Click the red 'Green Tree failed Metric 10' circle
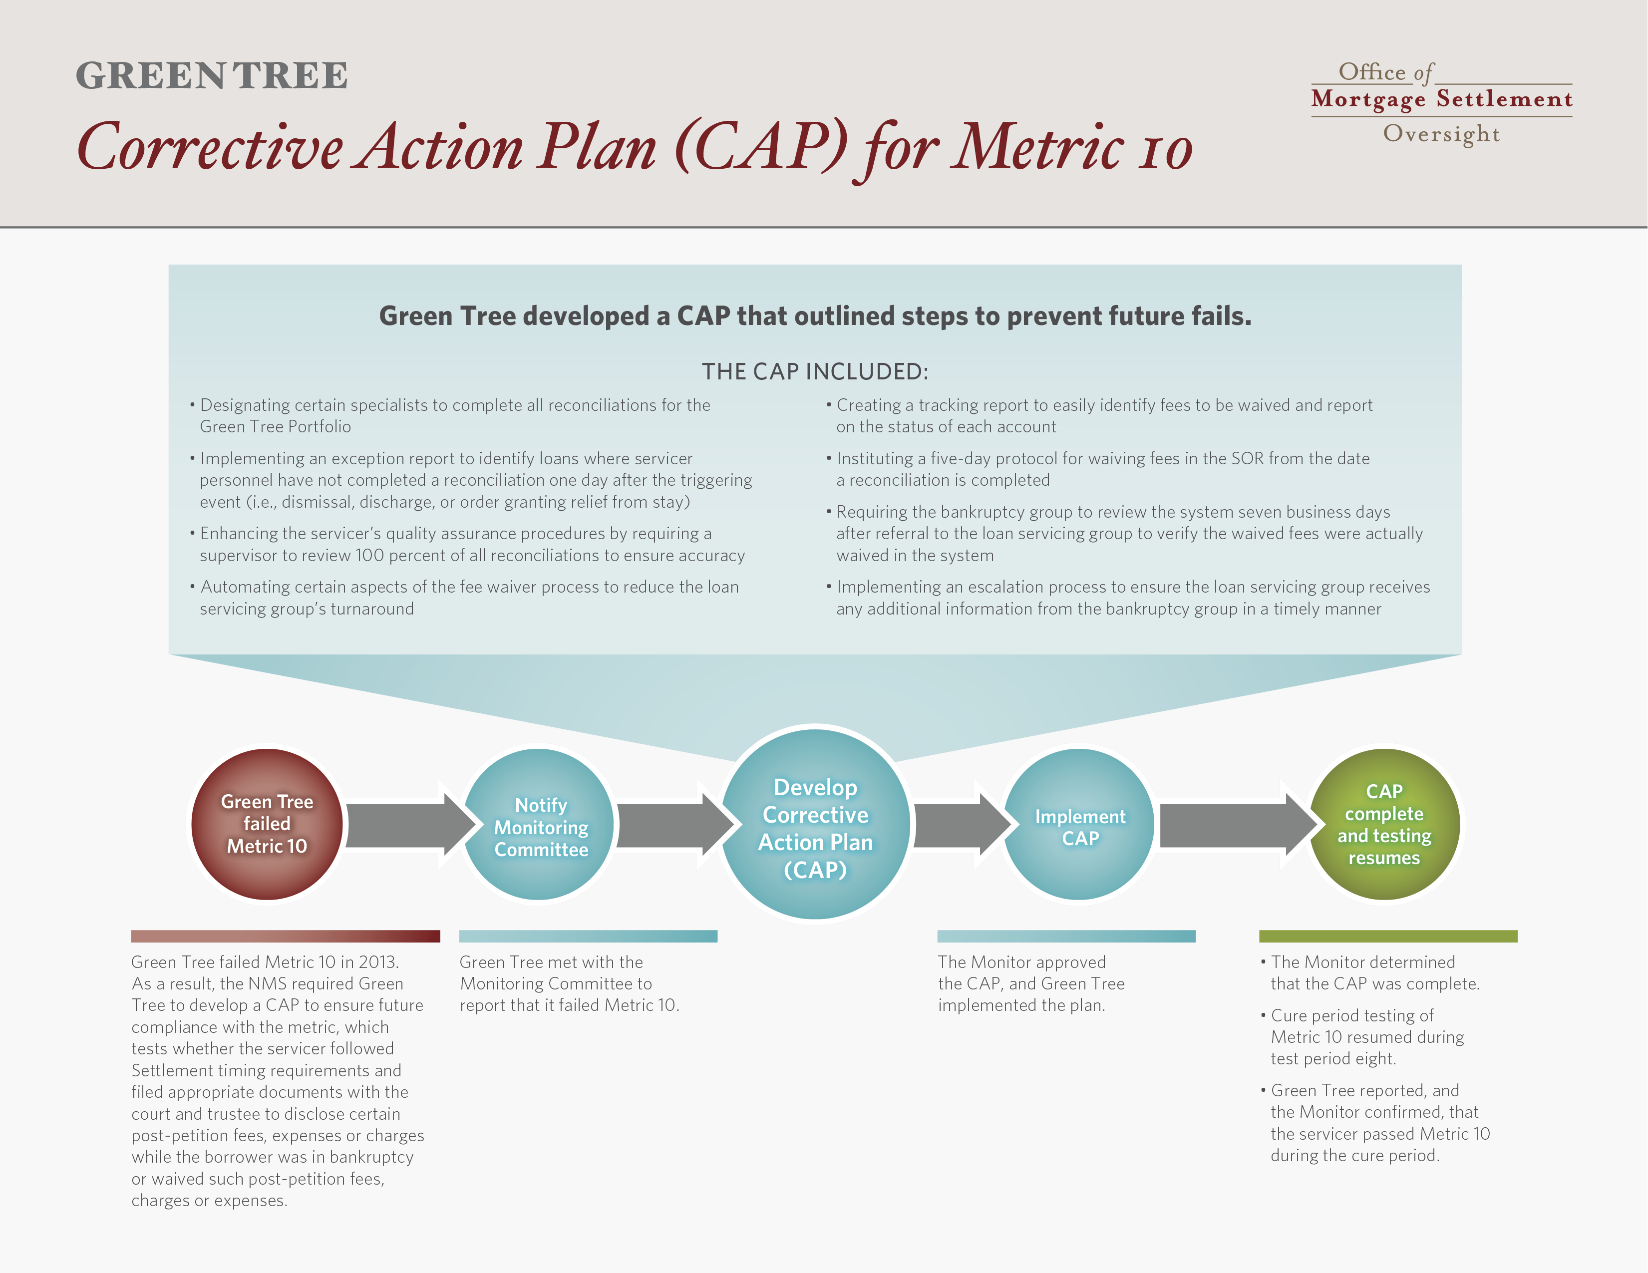pyautogui.click(x=267, y=824)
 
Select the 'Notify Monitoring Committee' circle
pyautogui.click(x=539, y=824)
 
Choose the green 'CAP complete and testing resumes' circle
pyautogui.click(x=1385, y=824)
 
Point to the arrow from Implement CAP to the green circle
pyautogui.click(x=1238, y=825)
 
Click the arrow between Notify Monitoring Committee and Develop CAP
pyautogui.click(x=675, y=825)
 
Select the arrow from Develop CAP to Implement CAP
pyautogui.click(x=962, y=825)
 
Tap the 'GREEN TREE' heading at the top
pyautogui.click(x=212, y=75)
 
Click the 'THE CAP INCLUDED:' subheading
pyautogui.click(x=815, y=371)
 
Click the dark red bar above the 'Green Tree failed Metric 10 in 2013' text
pyautogui.click(x=285, y=937)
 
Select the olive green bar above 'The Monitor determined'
pyautogui.click(x=1388, y=937)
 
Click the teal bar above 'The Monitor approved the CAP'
pyautogui.click(x=1066, y=937)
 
